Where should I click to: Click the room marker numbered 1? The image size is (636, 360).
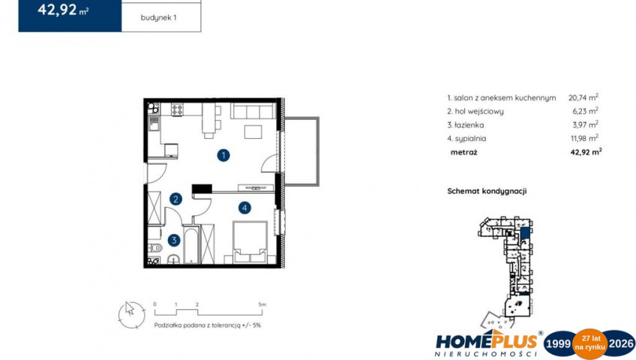pyautogui.click(x=223, y=155)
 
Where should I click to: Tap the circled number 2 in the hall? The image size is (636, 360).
pyautogui.click(x=175, y=199)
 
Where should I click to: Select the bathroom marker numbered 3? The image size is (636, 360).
pyautogui.click(x=174, y=240)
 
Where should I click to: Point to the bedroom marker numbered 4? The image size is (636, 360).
pyautogui.click(x=244, y=208)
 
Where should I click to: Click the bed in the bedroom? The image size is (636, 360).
pyautogui.click(x=250, y=242)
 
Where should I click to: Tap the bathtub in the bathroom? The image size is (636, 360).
pyautogui.click(x=191, y=244)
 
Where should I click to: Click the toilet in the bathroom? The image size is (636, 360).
pyautogui.click(x=155, y=247)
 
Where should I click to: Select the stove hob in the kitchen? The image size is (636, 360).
pyautogui.click(x=177, y=109)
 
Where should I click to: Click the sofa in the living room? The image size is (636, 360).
pyautogui.click(x=253, y=111)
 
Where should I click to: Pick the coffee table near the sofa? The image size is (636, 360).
pyautogui.click(x=253, y=132)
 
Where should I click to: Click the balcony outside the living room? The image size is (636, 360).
pyautogui.click(x=301, y=151)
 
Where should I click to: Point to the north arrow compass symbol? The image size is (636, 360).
pyautogui.click(x=131, y=314)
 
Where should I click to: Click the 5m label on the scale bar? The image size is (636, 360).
pyautogui.click(x=262, y=304)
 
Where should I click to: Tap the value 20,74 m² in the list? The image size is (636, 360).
pyautogui.click(x=583, y=97)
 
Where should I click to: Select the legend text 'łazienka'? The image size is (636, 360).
pyautogui.click(x=469, y=124)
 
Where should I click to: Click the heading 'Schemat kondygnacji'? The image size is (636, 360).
pyautogui.click(x=487, y=191)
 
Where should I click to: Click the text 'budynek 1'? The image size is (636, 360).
pyautogui.click(x=158, y=18)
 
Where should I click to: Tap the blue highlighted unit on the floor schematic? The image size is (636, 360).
pyautogui.click(x=525, y=232)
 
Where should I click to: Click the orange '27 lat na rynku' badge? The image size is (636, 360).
pyautogui.click(x=589, y=344)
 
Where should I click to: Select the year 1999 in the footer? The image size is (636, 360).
pyautogui.click(x=558, y=344)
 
